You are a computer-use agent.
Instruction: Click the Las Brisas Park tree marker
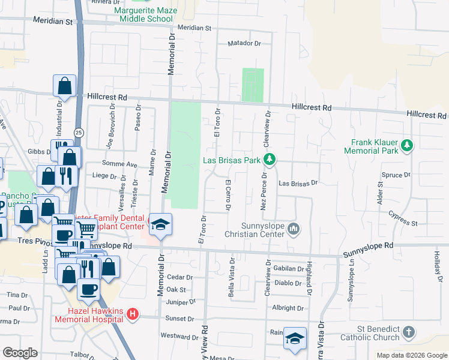pyautogui.click(x=270, y=160)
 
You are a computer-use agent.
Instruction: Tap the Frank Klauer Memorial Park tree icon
pyautogui.click(x=407, y=145)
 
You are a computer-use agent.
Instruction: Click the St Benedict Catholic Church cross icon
pyautogui.click(x=408, y=332)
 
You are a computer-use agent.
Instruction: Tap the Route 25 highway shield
pyautogui.click(x=79, y=131)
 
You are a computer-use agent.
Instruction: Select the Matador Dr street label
pyautogui.click(x=245, y=43)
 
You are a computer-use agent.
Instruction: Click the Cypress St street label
pyautogui.click(x=402, y=218)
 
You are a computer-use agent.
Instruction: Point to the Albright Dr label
pyautogui.click(x=288, y=308)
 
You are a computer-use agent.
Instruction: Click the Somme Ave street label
pyautogui.click(x=122, y=164)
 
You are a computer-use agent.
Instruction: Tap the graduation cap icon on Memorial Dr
pyautogui.click(x=160, y=224)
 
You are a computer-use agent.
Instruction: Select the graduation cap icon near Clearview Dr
pyautogui.click(x=295, y=338)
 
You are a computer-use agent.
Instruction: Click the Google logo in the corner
pyautogui.click(x=20, y=353)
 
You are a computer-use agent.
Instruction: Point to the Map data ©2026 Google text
pyautogui.click(x=412, y=355)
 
